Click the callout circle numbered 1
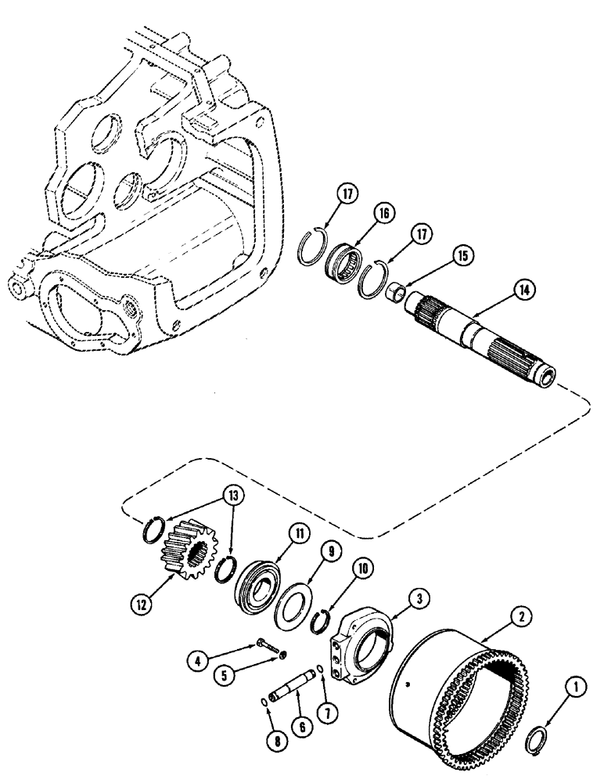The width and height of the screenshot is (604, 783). (577, 689)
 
